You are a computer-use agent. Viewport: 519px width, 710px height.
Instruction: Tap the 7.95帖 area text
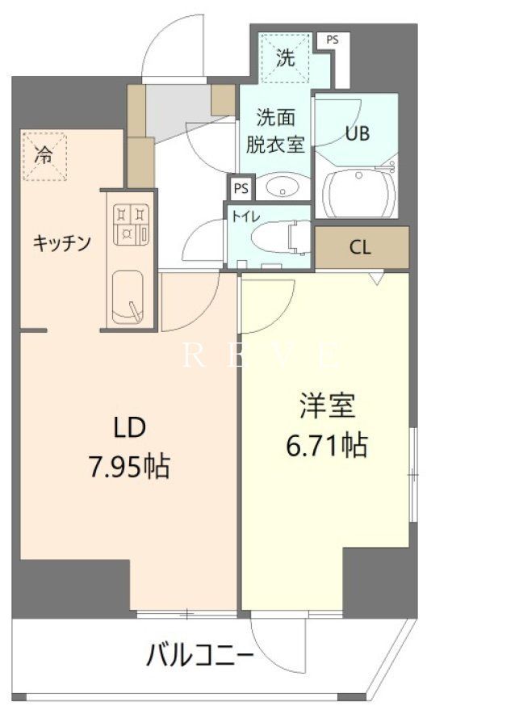(x=128, y=467)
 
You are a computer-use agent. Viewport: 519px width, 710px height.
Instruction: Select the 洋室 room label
(x=328, y=406)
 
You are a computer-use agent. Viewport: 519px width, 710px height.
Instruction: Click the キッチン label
(x=61, y=242)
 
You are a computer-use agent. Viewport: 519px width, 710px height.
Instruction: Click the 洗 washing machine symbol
(x=284, y=57)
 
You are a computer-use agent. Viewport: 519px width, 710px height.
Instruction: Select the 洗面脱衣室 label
(x=274, y=131)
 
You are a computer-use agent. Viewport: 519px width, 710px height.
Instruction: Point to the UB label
(x=358, y=133)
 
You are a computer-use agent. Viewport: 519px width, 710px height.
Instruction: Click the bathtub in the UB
(x=358, y=194)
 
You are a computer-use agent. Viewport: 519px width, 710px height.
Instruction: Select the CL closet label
(x=360, y=248)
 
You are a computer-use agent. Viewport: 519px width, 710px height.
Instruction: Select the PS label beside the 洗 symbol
(x=331, y=39)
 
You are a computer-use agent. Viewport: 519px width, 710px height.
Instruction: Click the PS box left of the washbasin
(x=240, y=188)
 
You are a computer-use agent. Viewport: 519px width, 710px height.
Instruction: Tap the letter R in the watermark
(x=192, y=355)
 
